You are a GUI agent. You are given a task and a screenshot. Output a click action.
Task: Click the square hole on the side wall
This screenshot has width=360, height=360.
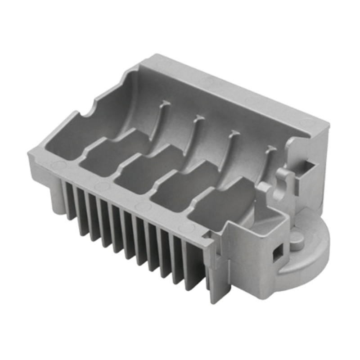275,254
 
